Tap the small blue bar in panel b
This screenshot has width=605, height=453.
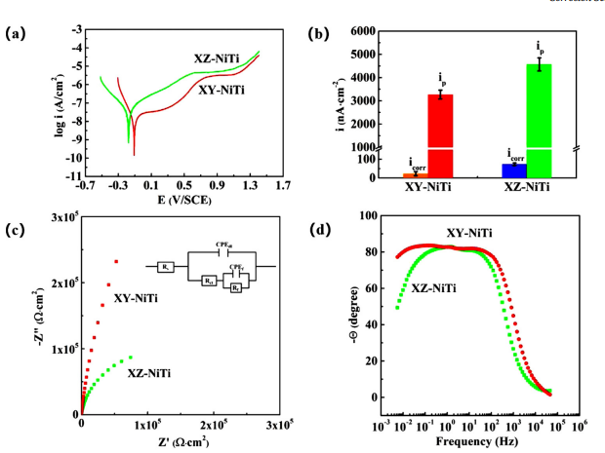508,170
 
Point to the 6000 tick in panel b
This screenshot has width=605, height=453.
359,31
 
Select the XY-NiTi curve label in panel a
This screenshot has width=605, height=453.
222,91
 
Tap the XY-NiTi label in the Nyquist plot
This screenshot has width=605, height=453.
138,298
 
